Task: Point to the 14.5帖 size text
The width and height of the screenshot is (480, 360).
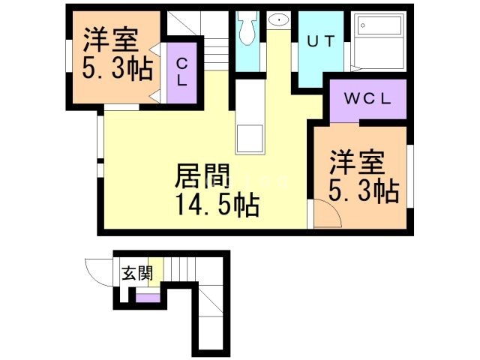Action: click(x=217, y=202)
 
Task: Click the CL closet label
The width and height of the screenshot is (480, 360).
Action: click(x=181, y=73)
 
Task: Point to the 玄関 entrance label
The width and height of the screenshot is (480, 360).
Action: click(x=136, y=273)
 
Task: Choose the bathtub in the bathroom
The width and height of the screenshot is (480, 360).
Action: click(x=379, y=47)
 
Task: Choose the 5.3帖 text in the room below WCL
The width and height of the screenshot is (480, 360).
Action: click(x=363, y=193)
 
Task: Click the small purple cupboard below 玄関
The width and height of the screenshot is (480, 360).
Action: click(x=148, y=299)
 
